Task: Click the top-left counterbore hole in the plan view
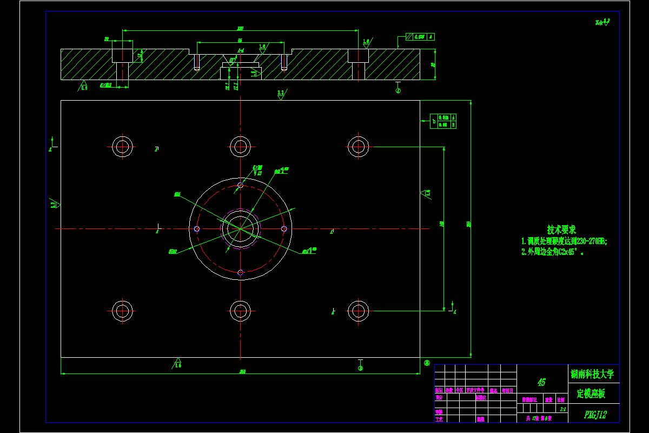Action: [x=123, y=146]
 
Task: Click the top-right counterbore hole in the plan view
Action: [x=358, y=146]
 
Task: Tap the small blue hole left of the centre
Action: [x=197, y=229]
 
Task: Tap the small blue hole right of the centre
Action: [x=284, y=229]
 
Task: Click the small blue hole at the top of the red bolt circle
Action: [x=240, y=185]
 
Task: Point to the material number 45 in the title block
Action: [x=541, y=382]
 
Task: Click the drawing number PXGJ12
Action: [x=595, y=415]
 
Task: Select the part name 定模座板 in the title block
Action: [x=591, y=393]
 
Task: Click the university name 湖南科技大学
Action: [x=592, y=374]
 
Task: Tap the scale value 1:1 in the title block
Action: [x=562, y=410]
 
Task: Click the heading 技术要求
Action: [x=561, y=230]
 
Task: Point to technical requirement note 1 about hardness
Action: [x=564, y=241]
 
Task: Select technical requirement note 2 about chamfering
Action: [x=553, y=252]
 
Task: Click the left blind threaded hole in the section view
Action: [x=196, y=62]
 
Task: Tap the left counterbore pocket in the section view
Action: [x=123, y=55]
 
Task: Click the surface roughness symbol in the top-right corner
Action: [x=602, y=22]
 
